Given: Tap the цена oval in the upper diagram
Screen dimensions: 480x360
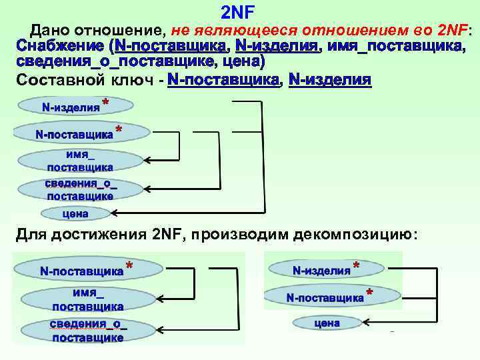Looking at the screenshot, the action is (x=75, y=213).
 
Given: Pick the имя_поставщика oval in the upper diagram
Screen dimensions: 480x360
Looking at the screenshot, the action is (x=79, y=161).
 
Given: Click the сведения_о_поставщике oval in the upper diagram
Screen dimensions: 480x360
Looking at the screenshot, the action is (x=80, y=189).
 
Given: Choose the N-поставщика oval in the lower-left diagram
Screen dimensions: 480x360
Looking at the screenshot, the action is (x=90, y=270).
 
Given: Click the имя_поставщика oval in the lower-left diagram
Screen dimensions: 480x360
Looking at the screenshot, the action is (x=87, y=299).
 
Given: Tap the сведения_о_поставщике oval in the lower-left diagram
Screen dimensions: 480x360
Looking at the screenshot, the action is (x=87, y=330).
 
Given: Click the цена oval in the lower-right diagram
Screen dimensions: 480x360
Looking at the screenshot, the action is (x=327, y=323).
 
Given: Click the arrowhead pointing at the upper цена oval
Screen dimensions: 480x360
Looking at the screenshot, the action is (x=115, y=213).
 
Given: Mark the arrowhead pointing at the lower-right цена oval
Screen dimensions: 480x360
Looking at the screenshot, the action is (x=367, y=323).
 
